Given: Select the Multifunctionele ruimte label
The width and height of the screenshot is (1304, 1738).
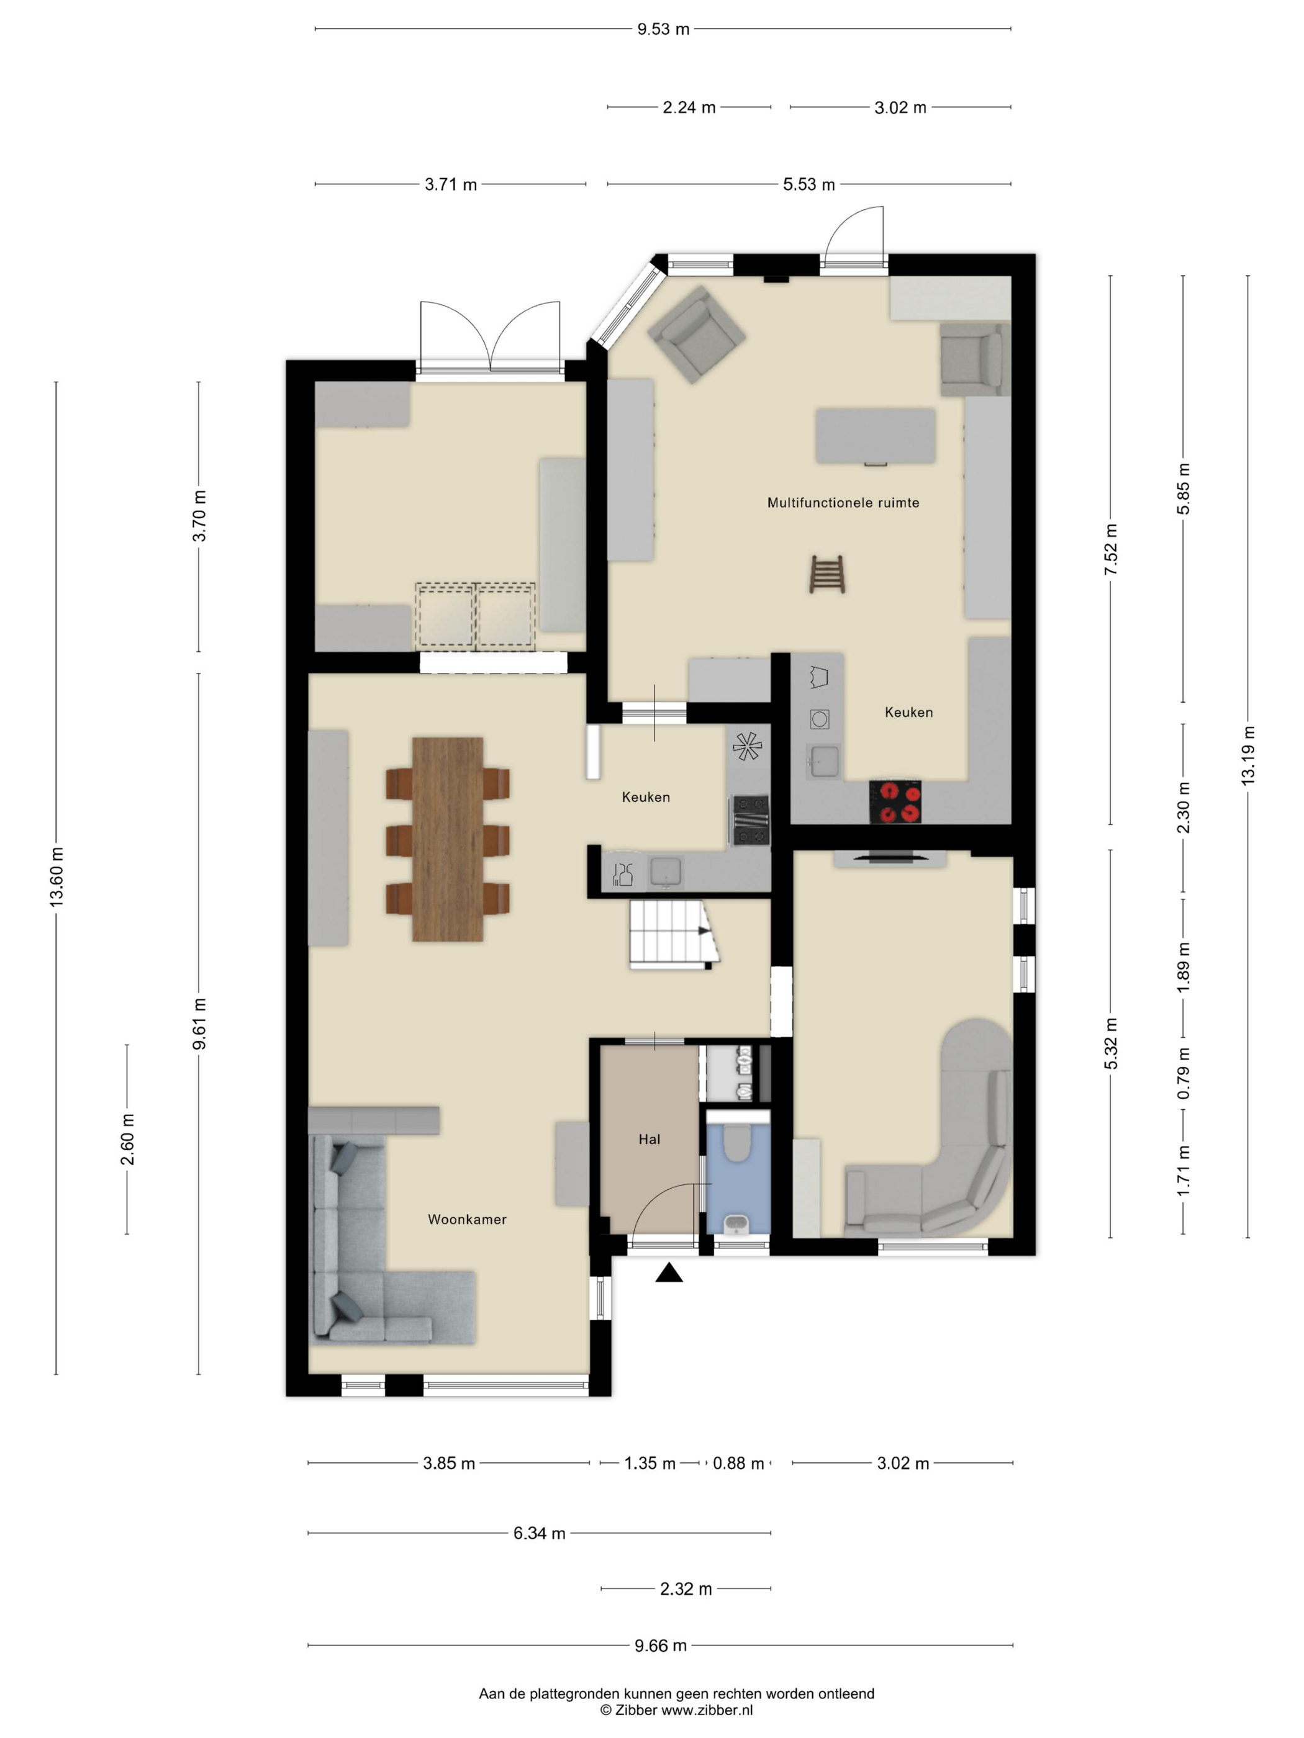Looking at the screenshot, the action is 843,503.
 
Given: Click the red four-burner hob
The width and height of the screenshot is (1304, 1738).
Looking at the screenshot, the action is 895,802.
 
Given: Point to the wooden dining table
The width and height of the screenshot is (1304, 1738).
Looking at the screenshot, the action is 447,839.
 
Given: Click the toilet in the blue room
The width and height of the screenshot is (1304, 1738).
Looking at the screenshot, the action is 736,1143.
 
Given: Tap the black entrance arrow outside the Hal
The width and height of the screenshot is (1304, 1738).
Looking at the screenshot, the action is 668,1272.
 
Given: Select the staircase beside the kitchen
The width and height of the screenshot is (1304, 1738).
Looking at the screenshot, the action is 674,934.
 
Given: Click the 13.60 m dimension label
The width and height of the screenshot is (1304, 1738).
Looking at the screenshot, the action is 57,878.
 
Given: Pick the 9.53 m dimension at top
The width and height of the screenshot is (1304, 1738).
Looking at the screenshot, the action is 663,29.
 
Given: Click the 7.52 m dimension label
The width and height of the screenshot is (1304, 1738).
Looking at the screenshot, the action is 1111,549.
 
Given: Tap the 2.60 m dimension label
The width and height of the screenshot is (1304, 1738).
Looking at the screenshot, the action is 127,1138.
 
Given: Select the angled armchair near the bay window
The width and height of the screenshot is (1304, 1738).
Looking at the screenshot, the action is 697,334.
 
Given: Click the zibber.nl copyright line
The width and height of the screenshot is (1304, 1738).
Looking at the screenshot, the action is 676,1709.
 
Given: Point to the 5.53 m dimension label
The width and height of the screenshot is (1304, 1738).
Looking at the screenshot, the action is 809,184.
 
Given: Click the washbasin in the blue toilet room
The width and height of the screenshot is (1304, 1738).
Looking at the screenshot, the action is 736,1223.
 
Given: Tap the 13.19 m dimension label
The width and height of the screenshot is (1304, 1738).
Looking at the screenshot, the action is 1247,756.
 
